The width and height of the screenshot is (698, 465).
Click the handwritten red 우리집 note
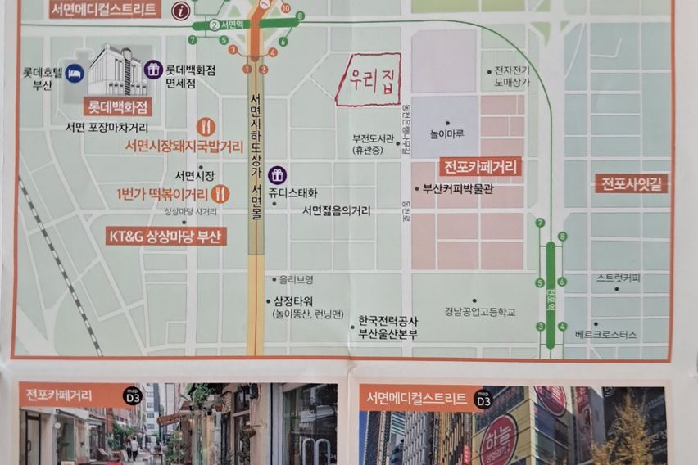click(368, 80)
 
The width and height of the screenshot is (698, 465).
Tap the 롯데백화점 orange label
click(117, 106)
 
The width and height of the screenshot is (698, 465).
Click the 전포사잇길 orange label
click(632, 183)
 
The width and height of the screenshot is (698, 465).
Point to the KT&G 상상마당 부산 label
click(167, 237)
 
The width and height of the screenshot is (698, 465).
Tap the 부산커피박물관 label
click(458, 189)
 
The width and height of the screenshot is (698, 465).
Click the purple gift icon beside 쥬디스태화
click(277, 175)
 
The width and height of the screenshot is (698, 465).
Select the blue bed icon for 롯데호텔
click(75, 72)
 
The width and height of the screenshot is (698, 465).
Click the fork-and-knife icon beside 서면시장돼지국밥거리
click(206, 127)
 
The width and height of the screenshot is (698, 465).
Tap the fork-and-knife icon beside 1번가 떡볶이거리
click(220, 193)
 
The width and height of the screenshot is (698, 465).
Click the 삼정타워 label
click(293, 300)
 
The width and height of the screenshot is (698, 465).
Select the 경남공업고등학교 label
click(480, 312)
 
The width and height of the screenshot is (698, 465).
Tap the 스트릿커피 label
click(619, 278)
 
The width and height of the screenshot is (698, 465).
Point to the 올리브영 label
click(297, 279)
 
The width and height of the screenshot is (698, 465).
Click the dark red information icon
click(181, 11)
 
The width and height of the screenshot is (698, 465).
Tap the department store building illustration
click(117, 71)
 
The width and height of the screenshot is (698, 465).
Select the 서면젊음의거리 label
click(336, 210)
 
